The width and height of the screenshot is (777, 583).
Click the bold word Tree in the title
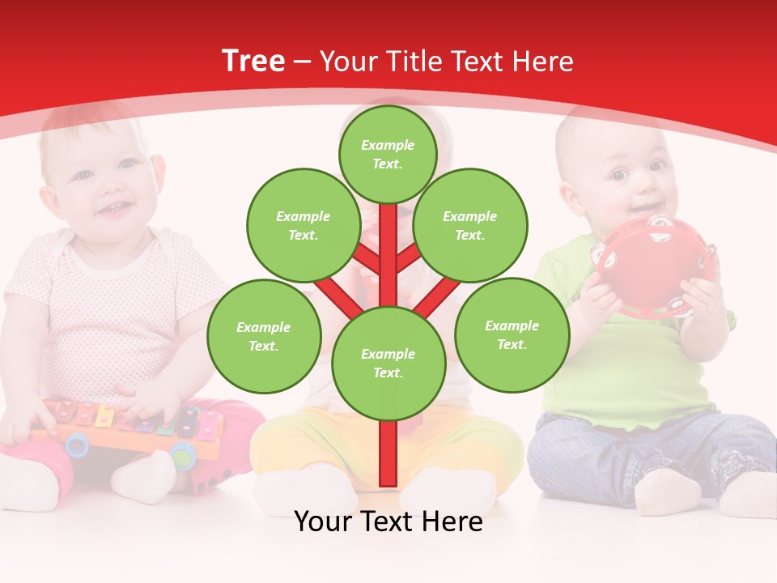pos(253,62)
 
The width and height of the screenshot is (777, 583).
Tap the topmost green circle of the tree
pos(388,154)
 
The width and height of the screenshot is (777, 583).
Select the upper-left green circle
pos(303,225)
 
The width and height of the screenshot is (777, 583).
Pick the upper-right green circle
pos(469,225)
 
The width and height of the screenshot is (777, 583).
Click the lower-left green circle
pos(263,336)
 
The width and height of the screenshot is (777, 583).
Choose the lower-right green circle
pos(512,334)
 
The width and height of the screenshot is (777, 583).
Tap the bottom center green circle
pos(388,363)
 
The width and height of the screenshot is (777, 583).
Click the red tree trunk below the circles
pos(388,453)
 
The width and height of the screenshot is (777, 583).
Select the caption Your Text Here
pos(388,521)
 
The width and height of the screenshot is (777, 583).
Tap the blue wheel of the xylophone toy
pos(78,443)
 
